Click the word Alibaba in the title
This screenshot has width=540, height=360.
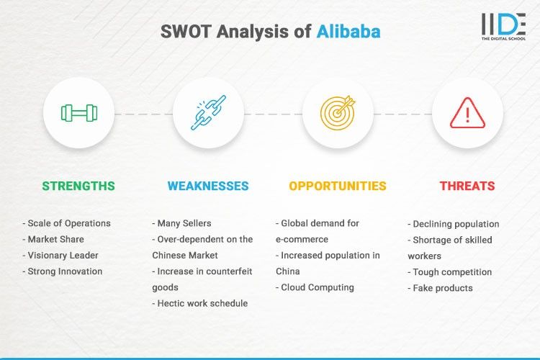pos(348,32)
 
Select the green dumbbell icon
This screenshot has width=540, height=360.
pos(78,113)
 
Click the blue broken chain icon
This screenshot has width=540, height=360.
pos(208,113)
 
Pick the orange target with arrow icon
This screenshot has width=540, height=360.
pos(338,113)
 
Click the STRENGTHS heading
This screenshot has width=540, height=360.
pos(78,186)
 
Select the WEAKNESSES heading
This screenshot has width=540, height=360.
pos(208,186)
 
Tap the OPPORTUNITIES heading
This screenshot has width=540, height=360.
pos(338,186)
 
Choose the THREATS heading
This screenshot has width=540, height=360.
pos(467,186)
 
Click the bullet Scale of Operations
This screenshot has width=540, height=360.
pos(66,223)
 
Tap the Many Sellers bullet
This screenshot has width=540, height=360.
pos(183,223)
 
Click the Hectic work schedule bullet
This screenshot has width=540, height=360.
pos(200,303)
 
